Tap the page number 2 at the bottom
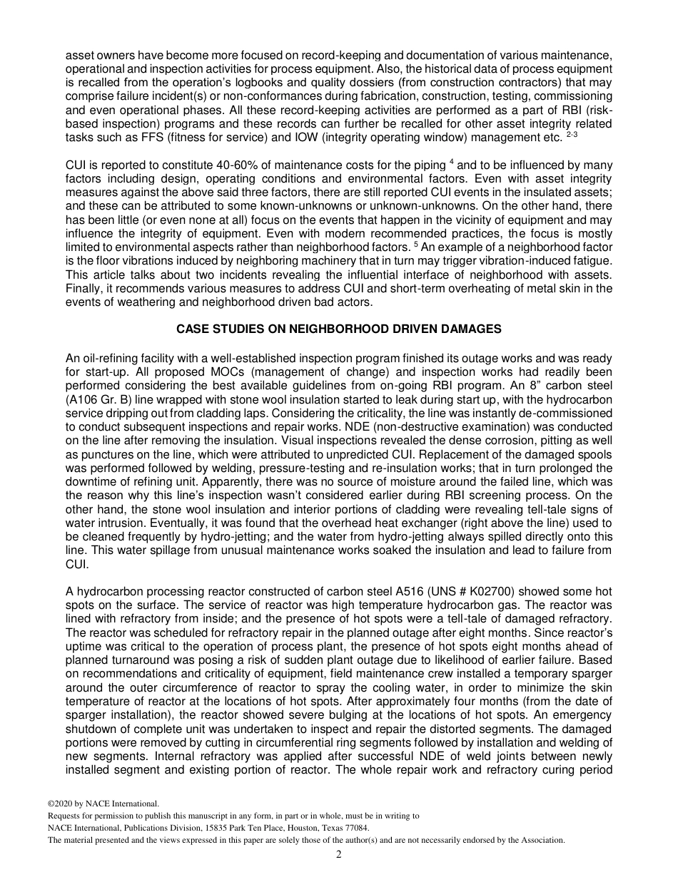[x=339, y=854]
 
